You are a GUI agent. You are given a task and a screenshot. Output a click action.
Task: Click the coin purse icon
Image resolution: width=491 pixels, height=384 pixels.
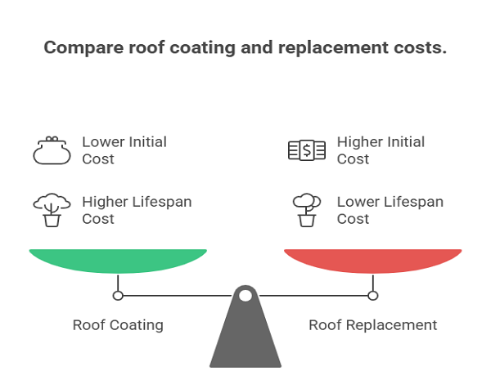pos(52,150)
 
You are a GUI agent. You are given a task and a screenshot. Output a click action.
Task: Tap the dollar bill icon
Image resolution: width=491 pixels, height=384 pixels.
pos(307,150)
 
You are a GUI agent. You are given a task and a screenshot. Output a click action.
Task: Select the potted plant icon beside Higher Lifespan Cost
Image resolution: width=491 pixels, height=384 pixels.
pos(52,210)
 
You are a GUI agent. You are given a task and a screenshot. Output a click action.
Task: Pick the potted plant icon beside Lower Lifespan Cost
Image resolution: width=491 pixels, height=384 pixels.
pos(307,210)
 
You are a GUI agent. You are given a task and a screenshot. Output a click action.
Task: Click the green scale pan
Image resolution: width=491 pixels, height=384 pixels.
pos(118,261)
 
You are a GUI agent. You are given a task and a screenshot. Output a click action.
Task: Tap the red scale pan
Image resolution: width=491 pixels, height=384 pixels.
pos(373,261)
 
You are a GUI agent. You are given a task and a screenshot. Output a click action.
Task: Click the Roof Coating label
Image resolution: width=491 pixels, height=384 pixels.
pos(118,325)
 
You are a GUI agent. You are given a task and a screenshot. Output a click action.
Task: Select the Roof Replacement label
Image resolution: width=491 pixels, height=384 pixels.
pos(373,325)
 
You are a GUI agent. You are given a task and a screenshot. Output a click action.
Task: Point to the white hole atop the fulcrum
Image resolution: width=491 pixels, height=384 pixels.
pos(245,296)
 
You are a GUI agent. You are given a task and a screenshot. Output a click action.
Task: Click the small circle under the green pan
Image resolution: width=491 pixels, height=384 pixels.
pos(118,296)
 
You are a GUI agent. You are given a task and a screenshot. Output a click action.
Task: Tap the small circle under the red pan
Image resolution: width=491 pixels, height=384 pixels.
pos(373,296)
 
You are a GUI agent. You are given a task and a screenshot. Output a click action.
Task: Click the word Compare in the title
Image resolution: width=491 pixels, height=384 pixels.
pos(83,48)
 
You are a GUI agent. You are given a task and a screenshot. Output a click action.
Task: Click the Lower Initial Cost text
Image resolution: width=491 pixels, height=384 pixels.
pos(124,150)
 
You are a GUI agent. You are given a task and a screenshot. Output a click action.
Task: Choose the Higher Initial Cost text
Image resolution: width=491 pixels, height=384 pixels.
pos(381,150)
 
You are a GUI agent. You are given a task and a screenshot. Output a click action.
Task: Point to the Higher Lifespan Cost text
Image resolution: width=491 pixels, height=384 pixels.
pos(137,210)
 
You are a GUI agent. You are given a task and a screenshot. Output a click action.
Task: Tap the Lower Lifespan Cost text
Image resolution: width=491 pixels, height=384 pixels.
pos(390,210)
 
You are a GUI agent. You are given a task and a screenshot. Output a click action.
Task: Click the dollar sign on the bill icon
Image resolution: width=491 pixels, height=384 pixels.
pos(307,150)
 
